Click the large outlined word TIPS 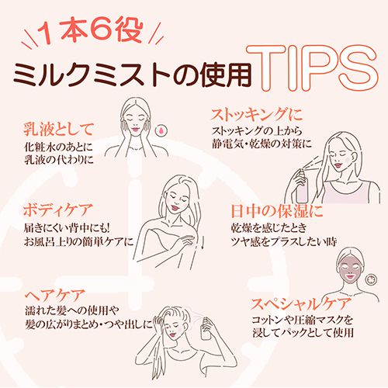tap(313, 68)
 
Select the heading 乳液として tap(58, 130)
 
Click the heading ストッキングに tap(257, 115)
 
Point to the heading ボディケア tap(57, 210)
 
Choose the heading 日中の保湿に tap(277, 211)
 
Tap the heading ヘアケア tap(55, 296)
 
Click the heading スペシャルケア tap(301, 304)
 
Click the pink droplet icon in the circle tap(161, 130)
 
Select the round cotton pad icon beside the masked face tap(371, 279)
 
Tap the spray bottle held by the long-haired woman tap(302, 185)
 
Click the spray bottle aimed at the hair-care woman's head tap(206, 328)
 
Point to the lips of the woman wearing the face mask tap(350, 277)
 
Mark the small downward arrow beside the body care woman tap(203, 242)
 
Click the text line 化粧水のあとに tap(58, 147)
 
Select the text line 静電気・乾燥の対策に tap(262, 144)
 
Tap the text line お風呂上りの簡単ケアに tap(78, 241)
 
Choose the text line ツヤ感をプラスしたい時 tap(284, 242)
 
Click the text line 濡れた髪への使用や tap(72, 310)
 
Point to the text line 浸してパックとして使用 tap(303, 333)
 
